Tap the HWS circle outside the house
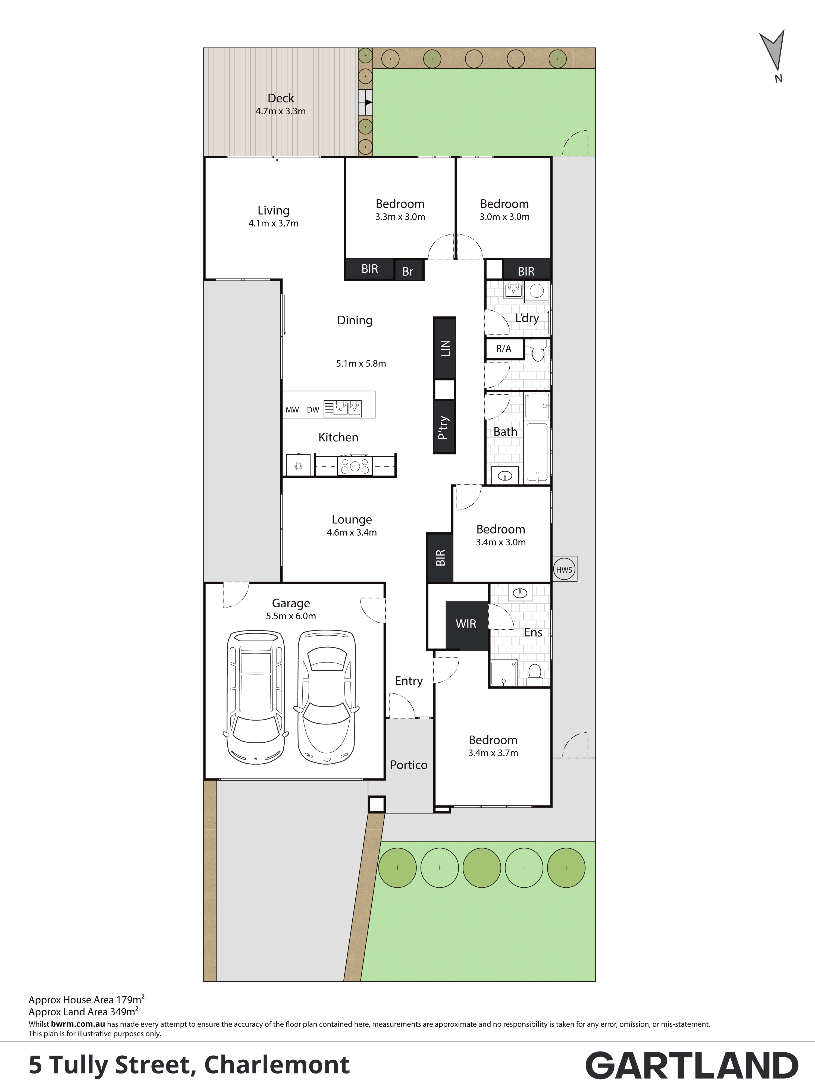[564, 570]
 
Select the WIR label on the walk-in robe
[466, 624]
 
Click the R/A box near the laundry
[504, 349]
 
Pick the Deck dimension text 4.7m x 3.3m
[281, 111]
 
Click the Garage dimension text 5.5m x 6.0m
[291, 616]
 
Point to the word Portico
[409, 765]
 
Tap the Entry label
[409, 681]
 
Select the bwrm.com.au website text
[78, 1024]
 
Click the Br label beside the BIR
[408, 271]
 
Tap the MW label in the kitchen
[293, 410]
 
